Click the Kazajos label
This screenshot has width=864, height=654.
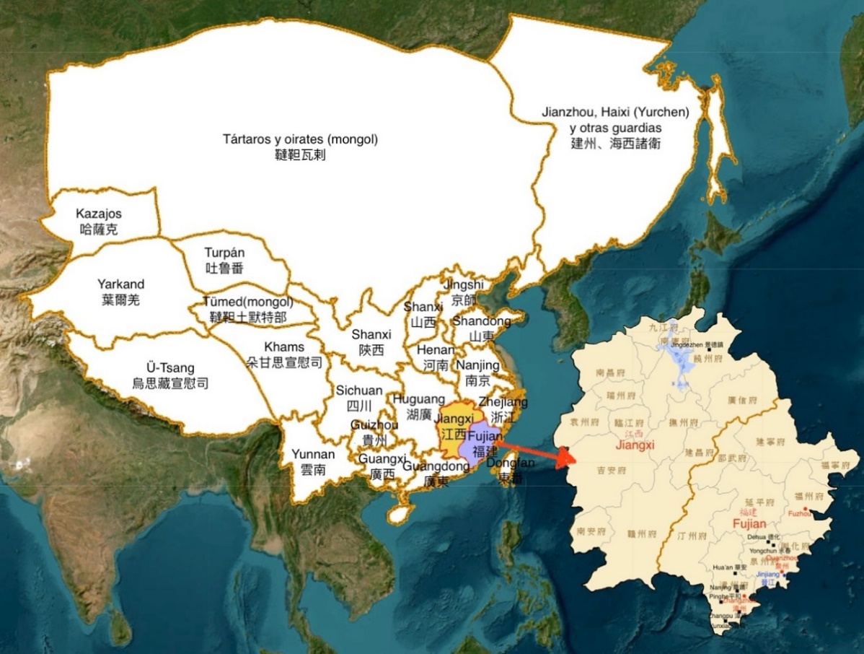coord(99,214)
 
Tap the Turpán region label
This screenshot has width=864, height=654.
coord(224,253)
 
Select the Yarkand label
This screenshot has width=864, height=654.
coord(120,284)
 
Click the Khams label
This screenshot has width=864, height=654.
coord(284,347)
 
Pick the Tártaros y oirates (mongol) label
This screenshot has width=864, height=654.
coord(300,139)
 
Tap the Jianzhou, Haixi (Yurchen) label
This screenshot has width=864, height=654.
coord(615,113)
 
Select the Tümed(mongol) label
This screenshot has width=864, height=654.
coord(248,302)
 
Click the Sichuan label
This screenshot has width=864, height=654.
coord(359,391)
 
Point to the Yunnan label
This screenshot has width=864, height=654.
coord(313,454)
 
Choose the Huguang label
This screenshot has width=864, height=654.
coord(419,398)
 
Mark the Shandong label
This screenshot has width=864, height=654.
coord(481,321)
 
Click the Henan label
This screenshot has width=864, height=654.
coord(436,350)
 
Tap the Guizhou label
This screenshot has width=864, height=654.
coord(374,425)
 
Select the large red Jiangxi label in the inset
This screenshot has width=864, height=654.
coord(635,445)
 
